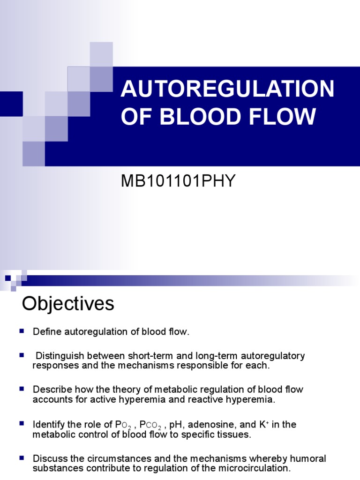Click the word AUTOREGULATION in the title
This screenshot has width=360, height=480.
227,89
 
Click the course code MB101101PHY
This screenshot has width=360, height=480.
178,181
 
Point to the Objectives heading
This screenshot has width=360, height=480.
68,304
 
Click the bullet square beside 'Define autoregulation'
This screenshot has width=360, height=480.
22,331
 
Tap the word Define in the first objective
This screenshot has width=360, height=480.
46,332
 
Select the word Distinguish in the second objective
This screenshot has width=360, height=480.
60,356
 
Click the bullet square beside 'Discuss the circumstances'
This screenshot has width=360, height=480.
22,457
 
